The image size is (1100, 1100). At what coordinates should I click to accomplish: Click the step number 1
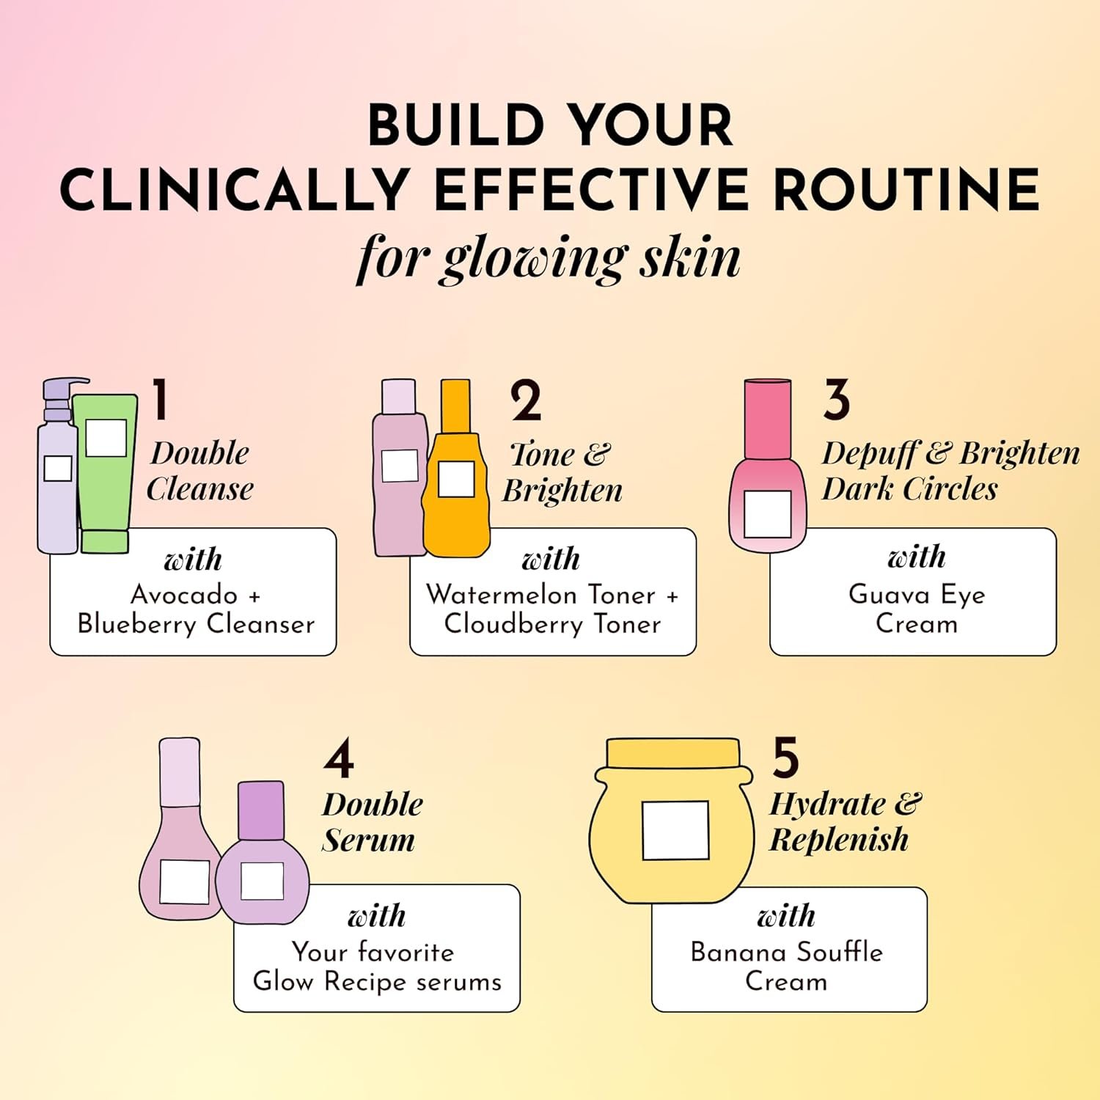[x=161, y=400]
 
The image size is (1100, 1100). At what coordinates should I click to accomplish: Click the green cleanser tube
[x=106, y=473]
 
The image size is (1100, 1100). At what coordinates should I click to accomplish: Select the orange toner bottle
[x=455, y=469]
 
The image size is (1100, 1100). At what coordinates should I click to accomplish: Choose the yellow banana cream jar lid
[x=674, y=753]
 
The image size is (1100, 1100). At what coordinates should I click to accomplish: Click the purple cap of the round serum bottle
[x=261, y=810]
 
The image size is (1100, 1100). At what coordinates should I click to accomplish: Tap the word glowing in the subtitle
[x=534, y=260]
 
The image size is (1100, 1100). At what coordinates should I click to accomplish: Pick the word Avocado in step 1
[x=184, y=594]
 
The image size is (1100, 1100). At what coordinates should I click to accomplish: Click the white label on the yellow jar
[x=675, y=830]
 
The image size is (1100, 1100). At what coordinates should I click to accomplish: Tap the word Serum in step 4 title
[x=368, y=840]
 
